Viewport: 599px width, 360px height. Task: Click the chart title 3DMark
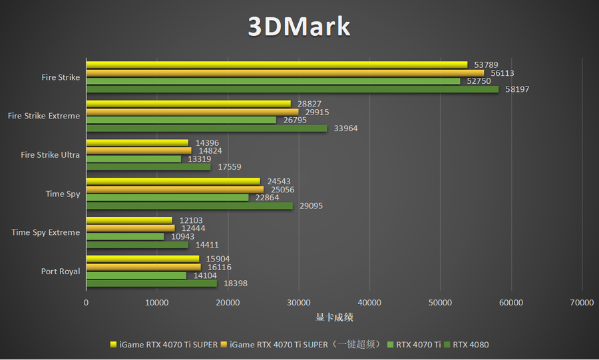coord(299,26)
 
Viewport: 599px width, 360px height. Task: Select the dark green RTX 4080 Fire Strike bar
coord(292,89)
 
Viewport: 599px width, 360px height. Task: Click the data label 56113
coord(502,73)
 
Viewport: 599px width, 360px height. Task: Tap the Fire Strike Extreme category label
coord(44,116)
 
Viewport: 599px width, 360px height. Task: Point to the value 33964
coord(345,128)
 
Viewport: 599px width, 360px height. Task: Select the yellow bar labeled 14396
coord(138,142)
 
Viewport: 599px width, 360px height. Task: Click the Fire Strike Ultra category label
coord(51,155)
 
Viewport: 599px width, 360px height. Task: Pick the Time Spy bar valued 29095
coord(190,206)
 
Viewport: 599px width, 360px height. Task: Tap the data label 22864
coord(267,198)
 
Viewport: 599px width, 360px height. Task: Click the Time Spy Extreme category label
coord(46,232)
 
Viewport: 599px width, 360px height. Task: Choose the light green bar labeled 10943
coord(125,236)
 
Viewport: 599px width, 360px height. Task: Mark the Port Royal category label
coord(61,271)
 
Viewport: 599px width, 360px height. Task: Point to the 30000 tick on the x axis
coord(298,302)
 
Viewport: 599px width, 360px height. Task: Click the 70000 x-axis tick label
coord(582,302)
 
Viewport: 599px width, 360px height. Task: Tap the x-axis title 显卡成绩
coord(334,317)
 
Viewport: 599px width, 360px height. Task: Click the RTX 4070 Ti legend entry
coord(418,345)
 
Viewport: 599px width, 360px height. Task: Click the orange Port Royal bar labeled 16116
coord(144,267)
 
